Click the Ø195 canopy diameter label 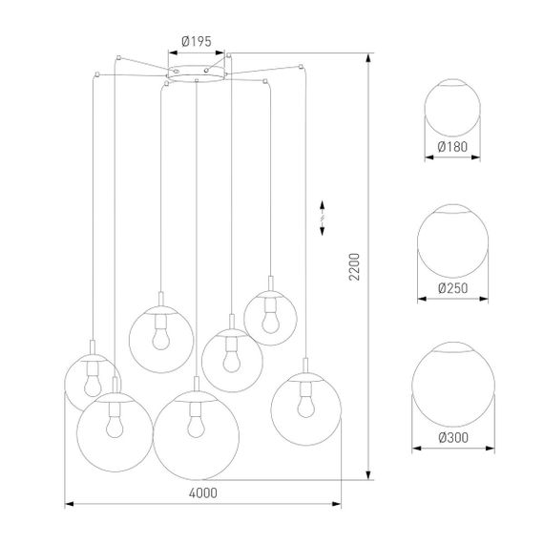[197, 42]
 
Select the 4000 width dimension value [203, 492]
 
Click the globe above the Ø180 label [452, 108]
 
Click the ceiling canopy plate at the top [198, 73]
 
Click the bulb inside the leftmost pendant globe [93, 381]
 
